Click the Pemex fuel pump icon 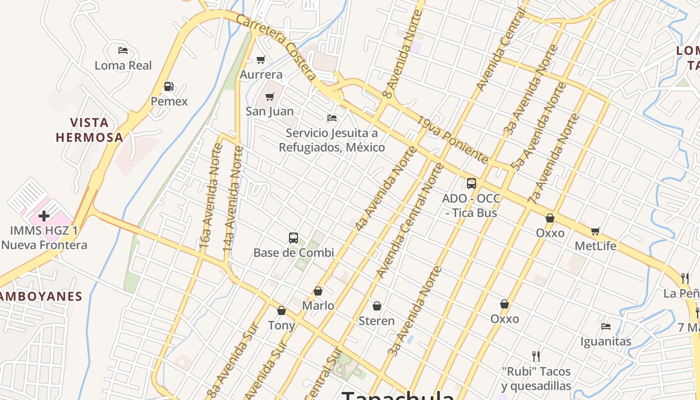coord(169,86)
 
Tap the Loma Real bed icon coord(123,50)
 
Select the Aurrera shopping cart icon coord(260,60)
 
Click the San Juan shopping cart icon coord(270,96)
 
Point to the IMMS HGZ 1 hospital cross coord(44,216)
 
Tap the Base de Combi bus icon coord(293,238)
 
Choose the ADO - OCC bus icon coord(471,183)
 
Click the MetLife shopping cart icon coord(595,231)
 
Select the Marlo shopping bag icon coord(318,291)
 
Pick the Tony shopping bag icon coord(281,310)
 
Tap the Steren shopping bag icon coord(377,305)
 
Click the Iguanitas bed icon coord(606,326)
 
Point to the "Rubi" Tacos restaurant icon coord(536,356)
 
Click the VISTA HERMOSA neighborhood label coord(89,130)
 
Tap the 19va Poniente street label coord(453,140)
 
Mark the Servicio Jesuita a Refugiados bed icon coord(332,118)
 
